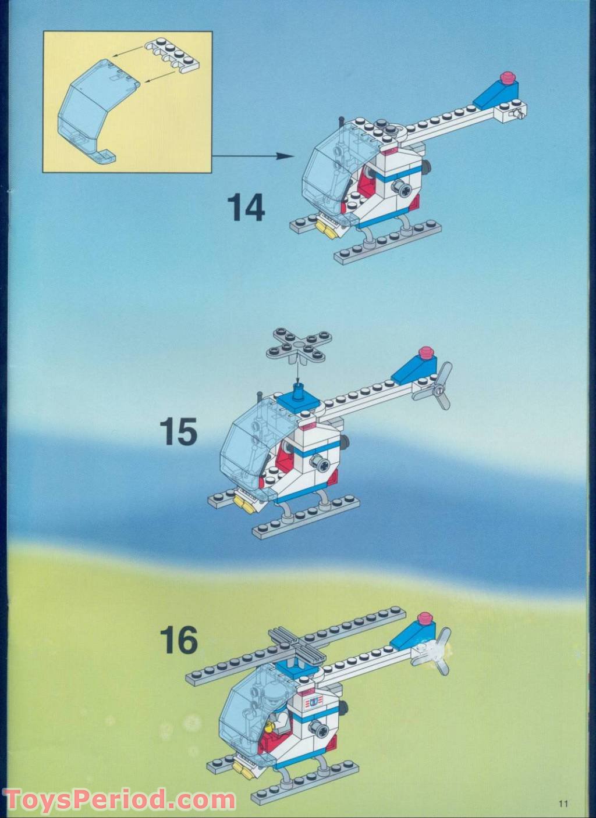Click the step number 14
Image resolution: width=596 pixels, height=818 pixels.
point(246,208)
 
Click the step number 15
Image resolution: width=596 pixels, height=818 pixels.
point(179,432)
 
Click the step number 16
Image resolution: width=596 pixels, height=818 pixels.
point(179,640)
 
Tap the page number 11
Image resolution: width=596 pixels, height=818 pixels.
point(562,803)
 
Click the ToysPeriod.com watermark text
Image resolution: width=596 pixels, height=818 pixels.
point(119,800)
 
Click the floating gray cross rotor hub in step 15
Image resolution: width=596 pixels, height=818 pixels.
point(298,345)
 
